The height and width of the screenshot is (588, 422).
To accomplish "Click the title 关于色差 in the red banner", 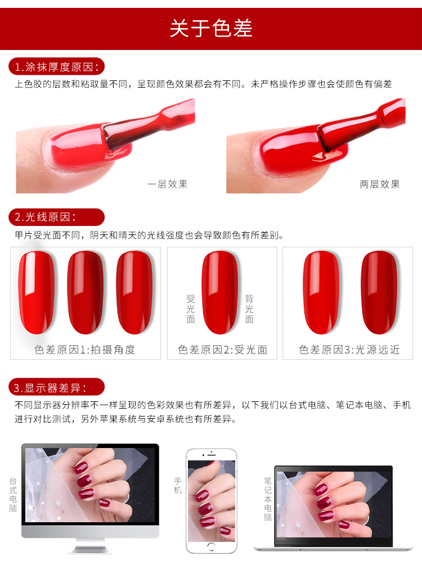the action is pos(211,29).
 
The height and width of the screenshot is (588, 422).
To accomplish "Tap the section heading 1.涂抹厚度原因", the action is pos(57,67).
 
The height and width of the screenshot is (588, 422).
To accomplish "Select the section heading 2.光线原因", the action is pos(45,217).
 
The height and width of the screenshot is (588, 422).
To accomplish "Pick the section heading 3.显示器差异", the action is pos(50,388).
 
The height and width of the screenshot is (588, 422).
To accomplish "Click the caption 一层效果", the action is pos(167,184).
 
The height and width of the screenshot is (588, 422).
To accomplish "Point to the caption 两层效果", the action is pos(380,184).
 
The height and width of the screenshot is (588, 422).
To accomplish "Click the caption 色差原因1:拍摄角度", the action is pos(85,350).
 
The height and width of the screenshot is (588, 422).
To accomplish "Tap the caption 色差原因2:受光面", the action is pos(223,350).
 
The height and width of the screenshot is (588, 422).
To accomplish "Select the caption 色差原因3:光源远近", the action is pos(349,350).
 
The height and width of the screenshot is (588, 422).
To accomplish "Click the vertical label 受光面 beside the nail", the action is pos(191,309).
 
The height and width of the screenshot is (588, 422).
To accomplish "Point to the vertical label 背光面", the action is pos(249,309).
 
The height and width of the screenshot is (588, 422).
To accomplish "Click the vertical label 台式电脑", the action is pos(13,494).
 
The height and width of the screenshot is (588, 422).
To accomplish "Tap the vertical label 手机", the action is pos(178,485).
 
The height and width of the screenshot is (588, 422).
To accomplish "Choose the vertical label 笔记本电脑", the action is pos(268,499).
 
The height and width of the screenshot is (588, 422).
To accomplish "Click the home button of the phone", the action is pos(212,547).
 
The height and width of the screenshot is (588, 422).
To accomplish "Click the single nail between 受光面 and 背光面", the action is pos(220,292).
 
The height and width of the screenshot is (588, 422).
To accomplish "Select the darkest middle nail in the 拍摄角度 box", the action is pos(85,292).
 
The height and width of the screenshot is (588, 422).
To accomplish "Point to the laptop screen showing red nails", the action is pos(334,504).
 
